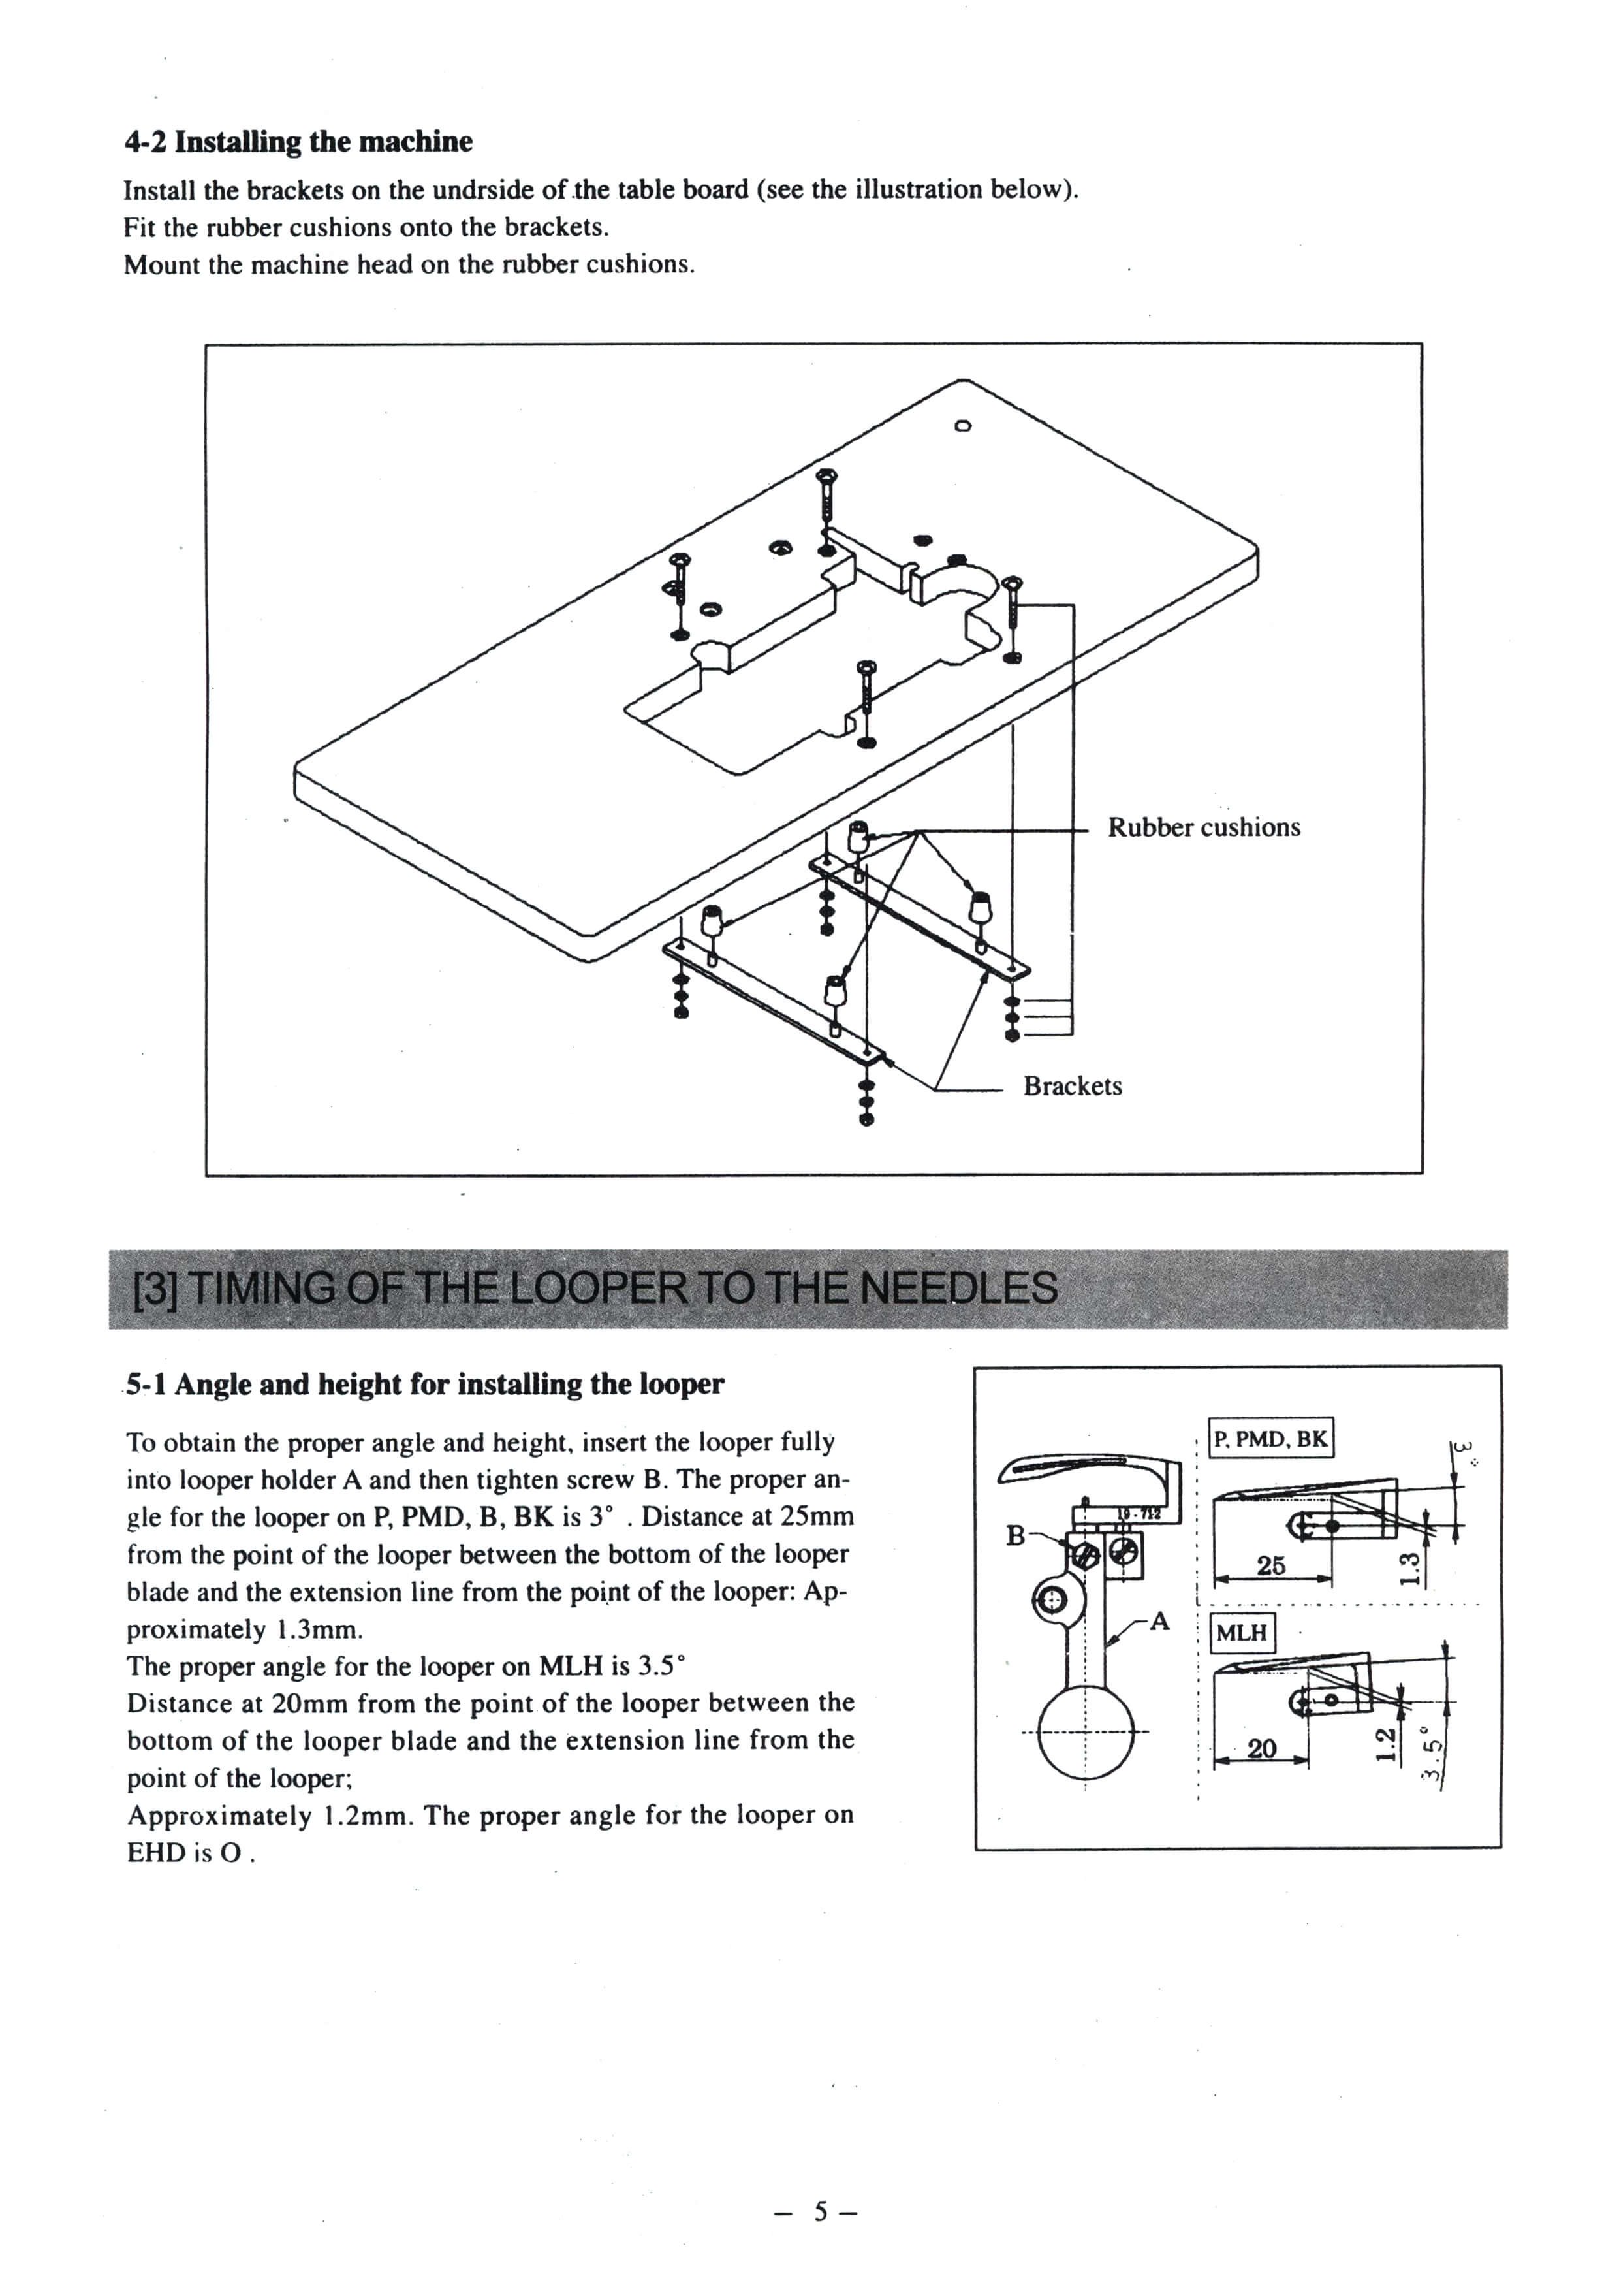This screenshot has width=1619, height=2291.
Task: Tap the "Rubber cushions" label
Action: [x=1203, y=827]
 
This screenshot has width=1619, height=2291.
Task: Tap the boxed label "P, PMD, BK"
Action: [x=1270, y=1439]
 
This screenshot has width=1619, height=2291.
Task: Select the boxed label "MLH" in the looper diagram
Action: [x=1241, y=1633]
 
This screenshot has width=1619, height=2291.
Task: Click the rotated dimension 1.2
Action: [x=1383, y=1743]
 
